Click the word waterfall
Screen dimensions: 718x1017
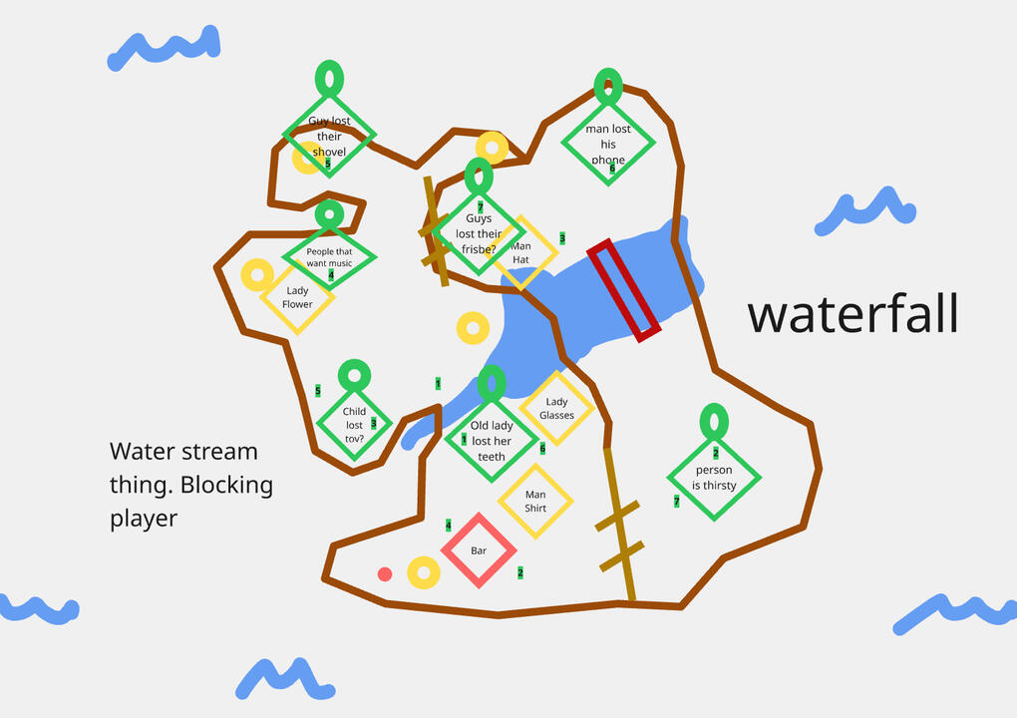point(852,314)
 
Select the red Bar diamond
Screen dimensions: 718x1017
point(479,550)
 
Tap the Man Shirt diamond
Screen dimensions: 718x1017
point(535,501)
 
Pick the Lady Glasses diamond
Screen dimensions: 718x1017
point(556,408)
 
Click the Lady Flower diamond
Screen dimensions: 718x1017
point(297,296)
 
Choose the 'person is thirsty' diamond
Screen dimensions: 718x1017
point(714,477)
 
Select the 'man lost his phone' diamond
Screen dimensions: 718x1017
point(608,142)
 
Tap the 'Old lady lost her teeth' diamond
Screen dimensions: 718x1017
point(491,440)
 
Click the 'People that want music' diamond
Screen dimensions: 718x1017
point(329,257)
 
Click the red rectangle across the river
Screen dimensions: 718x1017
point(624,289)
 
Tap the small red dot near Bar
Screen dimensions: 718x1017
point(385,573)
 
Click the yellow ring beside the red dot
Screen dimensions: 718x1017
point(424,572)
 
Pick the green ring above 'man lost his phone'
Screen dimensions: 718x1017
point(608,86)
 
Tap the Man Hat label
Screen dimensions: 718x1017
point(520,252)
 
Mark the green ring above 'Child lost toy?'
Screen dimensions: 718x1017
point(355,375)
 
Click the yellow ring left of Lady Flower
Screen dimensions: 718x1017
point(258,274)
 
